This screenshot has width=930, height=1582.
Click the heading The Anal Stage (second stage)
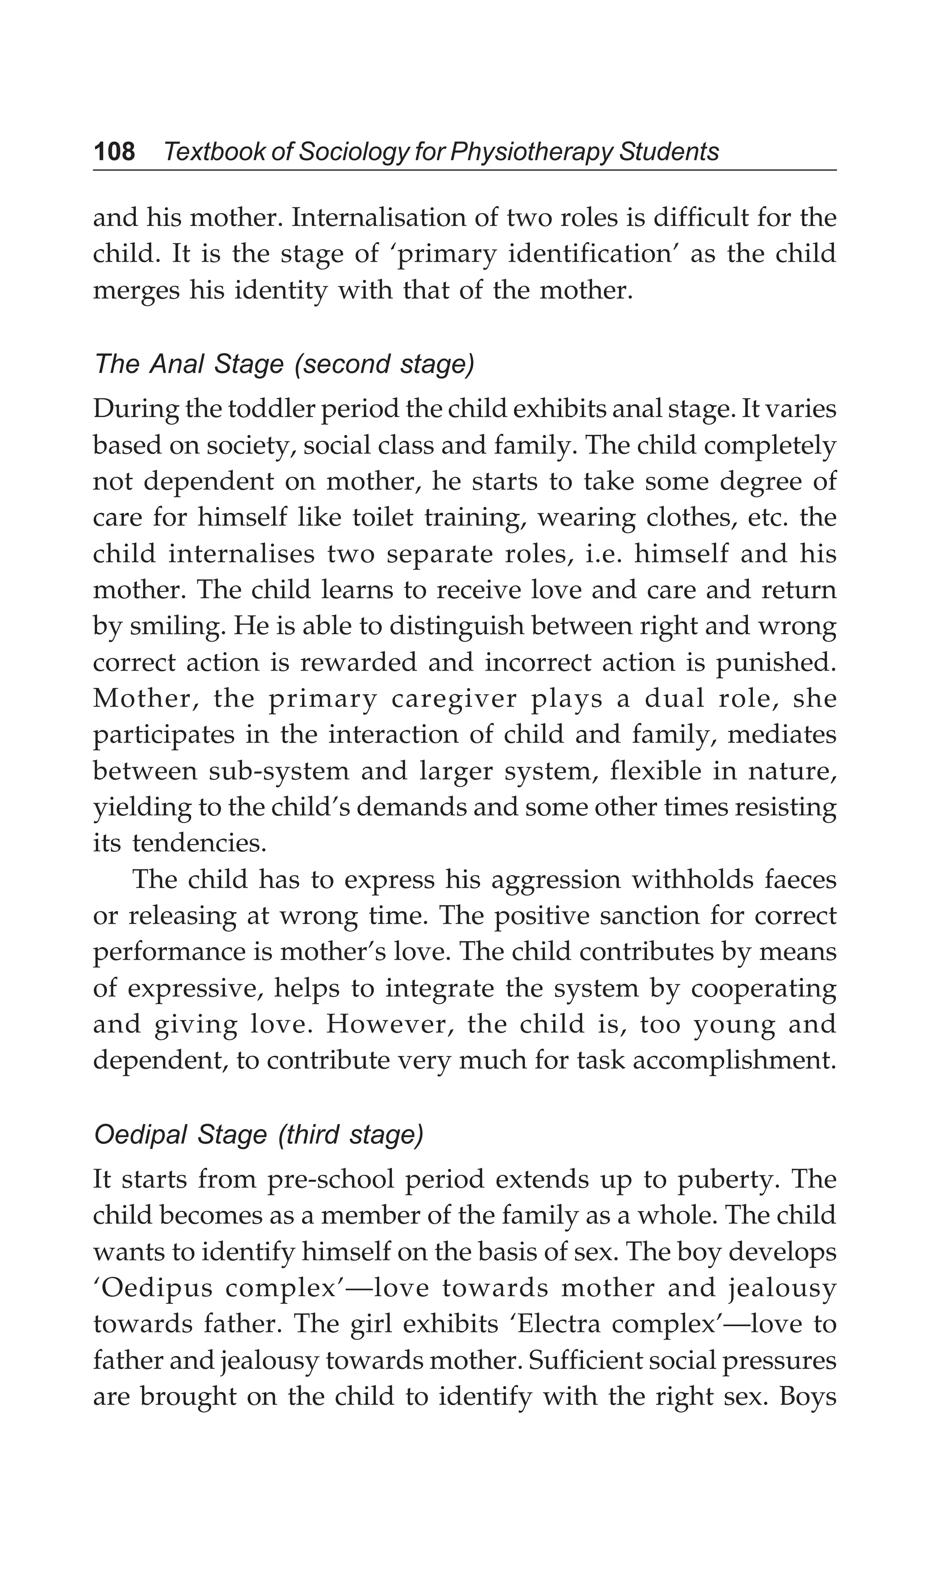tap(284, 364)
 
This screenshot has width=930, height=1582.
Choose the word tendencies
tap(199, 843)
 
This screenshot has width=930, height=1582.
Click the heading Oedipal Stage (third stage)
tap(258, 1135)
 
